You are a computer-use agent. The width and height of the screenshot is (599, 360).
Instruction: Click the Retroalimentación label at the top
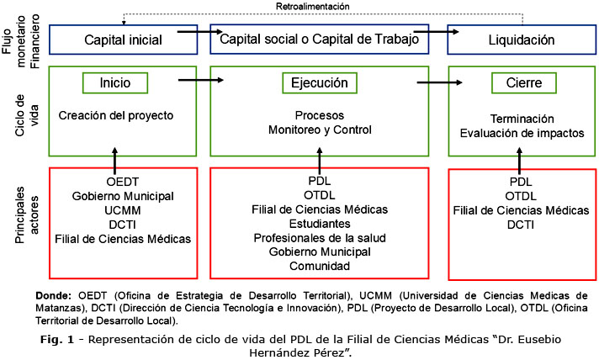click(x=312, y=6)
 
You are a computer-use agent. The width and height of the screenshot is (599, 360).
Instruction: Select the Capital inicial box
click(x=123, y=40)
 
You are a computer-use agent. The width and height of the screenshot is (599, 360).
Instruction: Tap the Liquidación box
click(x=522, y=40)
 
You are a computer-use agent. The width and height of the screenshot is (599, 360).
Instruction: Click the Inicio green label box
click(x=115, y=83)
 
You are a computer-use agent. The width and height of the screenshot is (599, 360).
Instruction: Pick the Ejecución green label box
click(x=320, y=83)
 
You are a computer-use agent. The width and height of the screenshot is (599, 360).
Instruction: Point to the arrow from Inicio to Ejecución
click(x=202, y=81)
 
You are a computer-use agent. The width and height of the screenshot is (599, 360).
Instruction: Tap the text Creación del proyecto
click(x=115, y=115)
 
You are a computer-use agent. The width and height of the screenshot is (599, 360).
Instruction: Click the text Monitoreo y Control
click(x=320, y=130)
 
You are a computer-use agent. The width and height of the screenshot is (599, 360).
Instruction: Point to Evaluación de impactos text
click(x=522, y=133)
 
